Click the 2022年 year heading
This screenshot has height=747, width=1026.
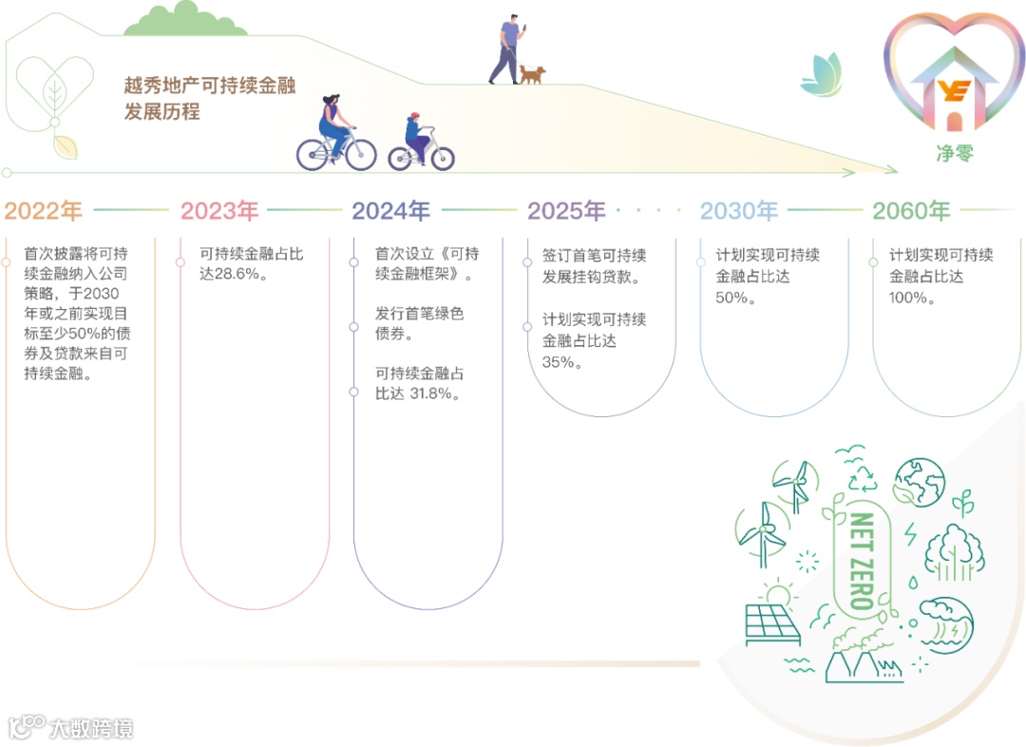point(44,211)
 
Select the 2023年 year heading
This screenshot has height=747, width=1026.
point(219,211)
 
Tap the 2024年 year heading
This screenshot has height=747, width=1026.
point(391,211)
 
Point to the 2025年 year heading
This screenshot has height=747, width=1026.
point(566,211)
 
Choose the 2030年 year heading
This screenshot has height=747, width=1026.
point(739,211)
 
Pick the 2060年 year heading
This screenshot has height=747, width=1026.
point(911,211)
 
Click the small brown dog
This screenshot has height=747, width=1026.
point(532,73)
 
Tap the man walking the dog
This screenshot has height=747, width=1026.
point(507,49)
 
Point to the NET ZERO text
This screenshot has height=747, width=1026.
point(862,561)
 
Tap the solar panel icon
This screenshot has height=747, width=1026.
point(772,623)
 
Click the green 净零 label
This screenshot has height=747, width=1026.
point(955,152)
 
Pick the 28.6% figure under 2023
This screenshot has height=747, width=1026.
point(241,276)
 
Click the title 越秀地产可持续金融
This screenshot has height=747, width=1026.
point(210,86)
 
